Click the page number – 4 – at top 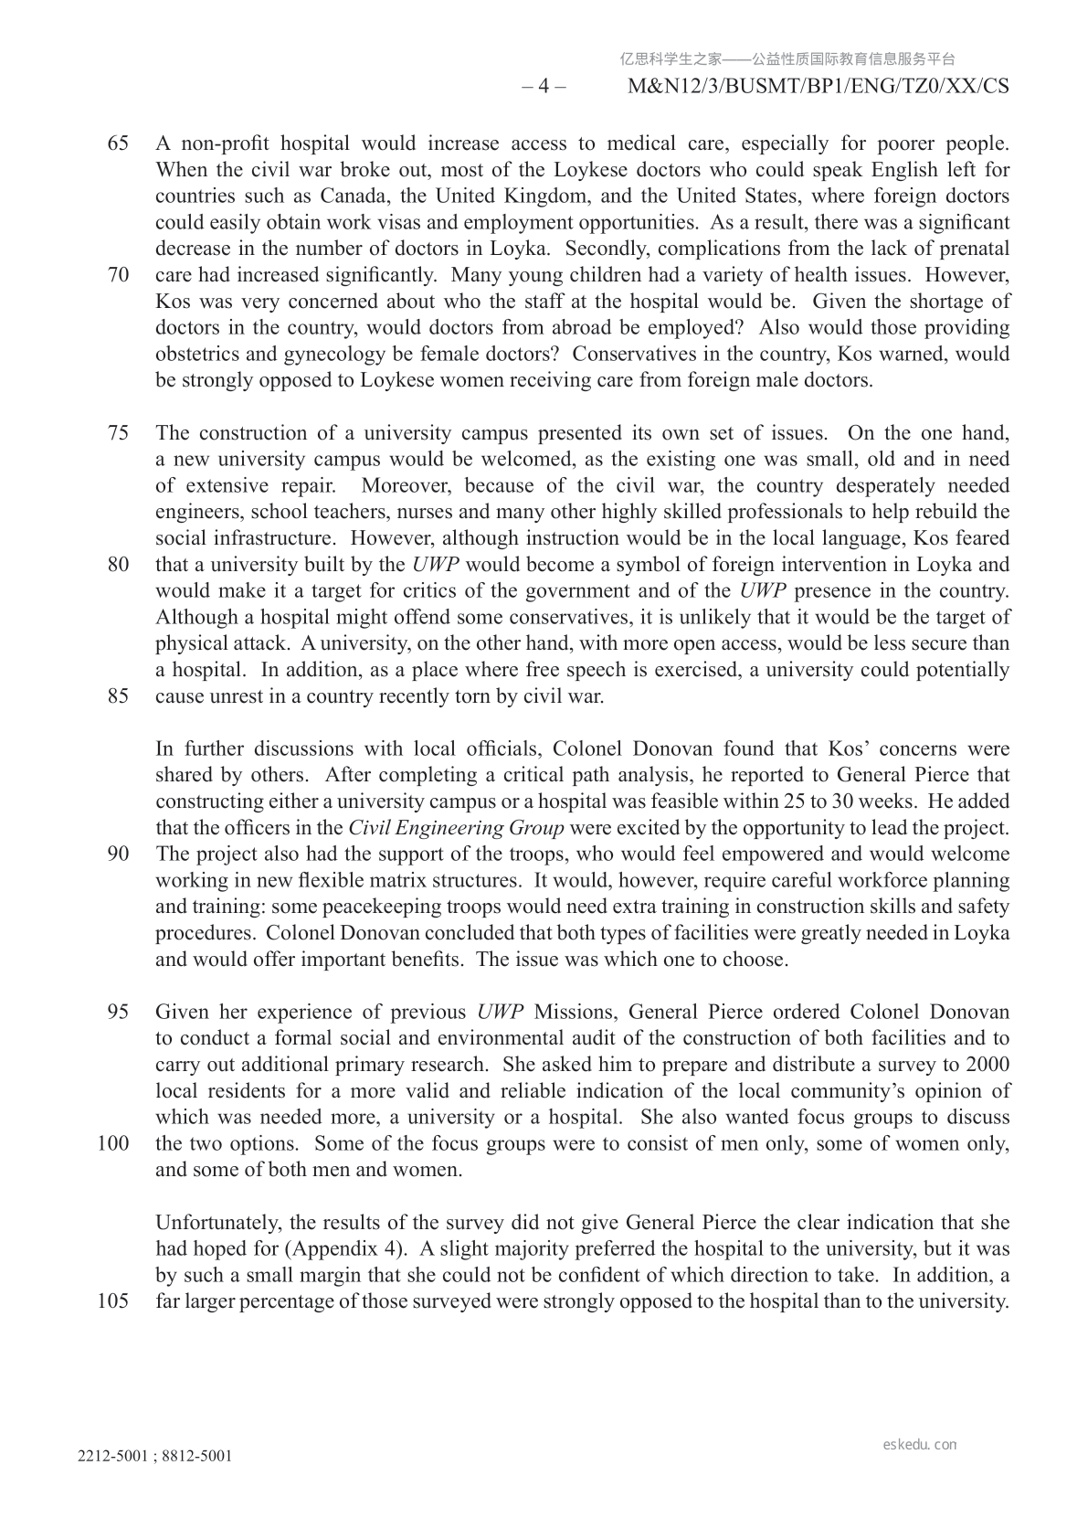click(544, 87)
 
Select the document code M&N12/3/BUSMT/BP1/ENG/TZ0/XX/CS click(819, 87)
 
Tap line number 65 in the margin click(118, 143)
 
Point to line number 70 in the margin click(118, 275)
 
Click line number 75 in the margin click(118, 433)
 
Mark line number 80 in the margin click(118, 565)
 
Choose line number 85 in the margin click(118, 696)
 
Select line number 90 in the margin click(118, 854)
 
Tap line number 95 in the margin click(118, 1013)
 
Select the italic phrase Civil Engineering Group click(457, 828)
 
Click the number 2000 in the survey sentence click(988, 1065)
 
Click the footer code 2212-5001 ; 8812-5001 click(154, 1457)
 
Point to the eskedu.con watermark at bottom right click(920, 1445)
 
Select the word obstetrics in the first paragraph click(199, 354)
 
